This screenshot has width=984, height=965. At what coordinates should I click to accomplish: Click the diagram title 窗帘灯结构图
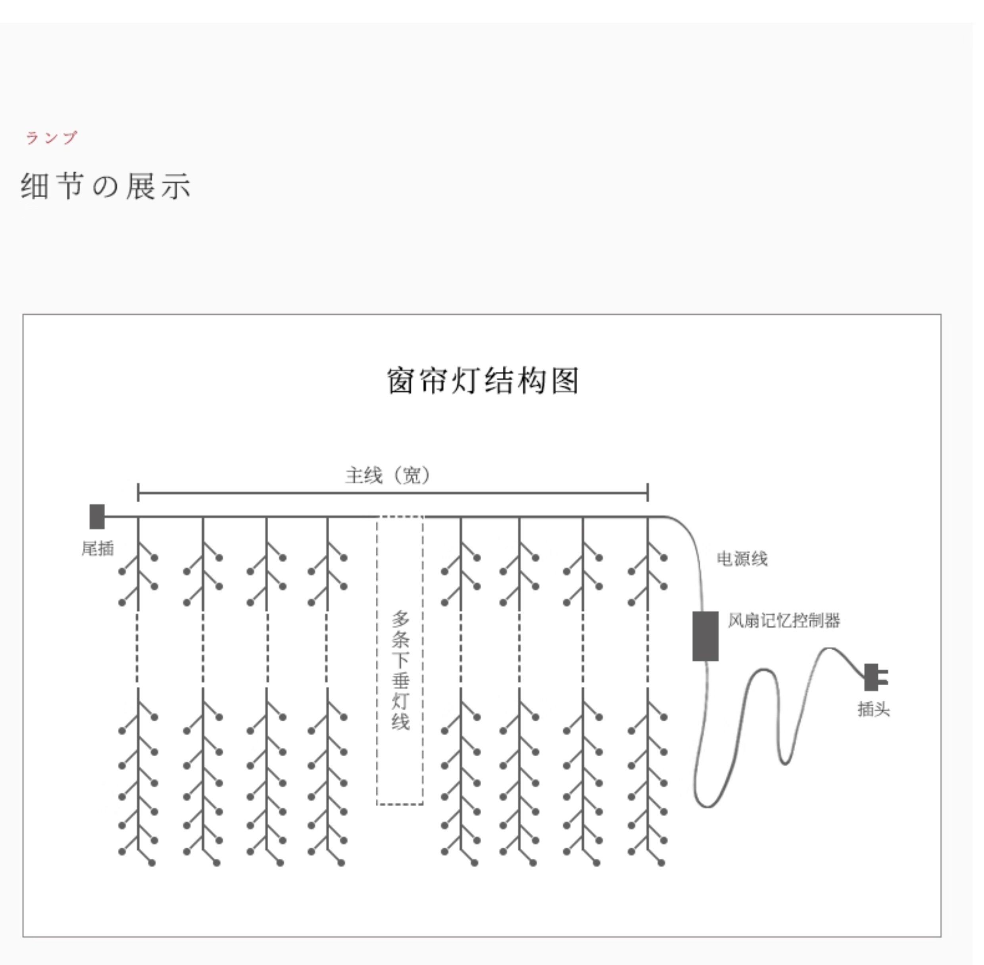pos(482,381)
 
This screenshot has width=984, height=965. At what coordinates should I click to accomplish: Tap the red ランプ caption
pos(52,137)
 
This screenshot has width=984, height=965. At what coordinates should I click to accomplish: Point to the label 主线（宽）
pos(388,475)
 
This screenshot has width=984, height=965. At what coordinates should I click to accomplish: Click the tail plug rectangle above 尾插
pos(97,517)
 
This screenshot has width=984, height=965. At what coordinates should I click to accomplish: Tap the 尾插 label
pos(98,548)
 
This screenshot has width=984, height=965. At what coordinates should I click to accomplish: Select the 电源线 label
pos(742,559)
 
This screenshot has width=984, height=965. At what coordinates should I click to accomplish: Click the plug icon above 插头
pos(874,677)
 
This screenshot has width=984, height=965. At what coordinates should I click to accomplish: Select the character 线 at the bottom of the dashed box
pos(400,722)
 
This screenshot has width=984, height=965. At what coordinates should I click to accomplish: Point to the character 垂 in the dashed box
pos(400,680)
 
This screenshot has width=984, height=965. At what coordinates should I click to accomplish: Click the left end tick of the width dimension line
pos(138,492)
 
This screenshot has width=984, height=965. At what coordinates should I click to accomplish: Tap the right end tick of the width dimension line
pos(648,492)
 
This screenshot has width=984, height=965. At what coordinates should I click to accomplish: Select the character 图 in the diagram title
pos(565,381)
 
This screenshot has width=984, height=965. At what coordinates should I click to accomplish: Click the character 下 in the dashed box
pos(400,660)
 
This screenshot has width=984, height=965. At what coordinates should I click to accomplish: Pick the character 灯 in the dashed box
pos(400,701)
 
